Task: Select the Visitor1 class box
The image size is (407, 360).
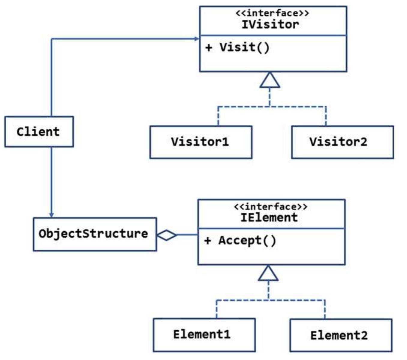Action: pos(201,142)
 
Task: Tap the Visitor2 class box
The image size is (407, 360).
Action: pos(342,142)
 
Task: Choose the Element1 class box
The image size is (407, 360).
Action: pos(204,335)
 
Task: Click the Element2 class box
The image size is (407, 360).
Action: pos(341,335)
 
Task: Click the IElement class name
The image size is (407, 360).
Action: pos(269,217)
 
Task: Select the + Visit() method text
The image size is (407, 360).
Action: pos(237,47)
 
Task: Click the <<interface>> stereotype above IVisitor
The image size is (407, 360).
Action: pos(272,13)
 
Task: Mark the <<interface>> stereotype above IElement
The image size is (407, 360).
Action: pos(270,207)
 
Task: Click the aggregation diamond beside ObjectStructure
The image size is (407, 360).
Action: pos(167,235)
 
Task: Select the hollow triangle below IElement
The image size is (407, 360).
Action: pos(268,274)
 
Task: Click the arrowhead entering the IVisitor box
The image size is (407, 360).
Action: pos(197,39)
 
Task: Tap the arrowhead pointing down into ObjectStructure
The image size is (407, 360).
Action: pos(51,215)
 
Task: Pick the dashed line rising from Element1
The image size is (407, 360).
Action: pos(216,309)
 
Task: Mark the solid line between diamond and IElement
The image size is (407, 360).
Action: pos(187,235)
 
